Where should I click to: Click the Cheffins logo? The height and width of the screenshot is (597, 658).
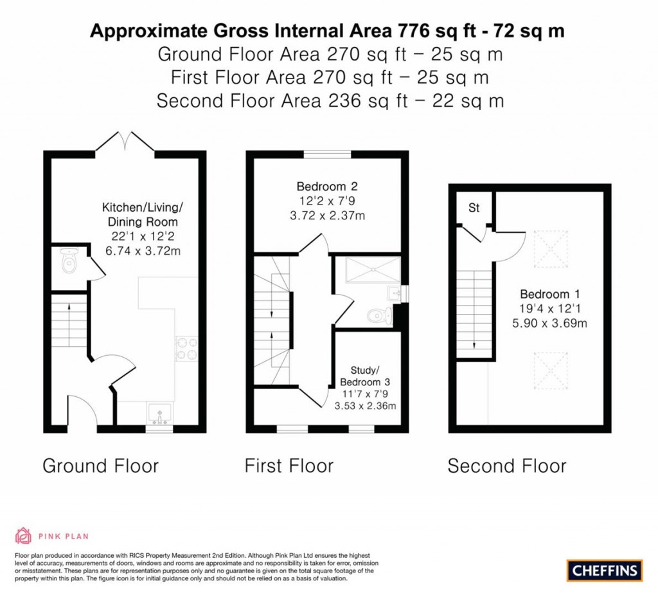(x=604, y=569)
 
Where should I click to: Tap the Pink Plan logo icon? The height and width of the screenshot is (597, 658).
(x=23, y=535)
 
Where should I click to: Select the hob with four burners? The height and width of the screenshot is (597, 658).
(x=186, y=348)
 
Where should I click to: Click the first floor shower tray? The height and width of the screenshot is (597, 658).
(x=372, y=270)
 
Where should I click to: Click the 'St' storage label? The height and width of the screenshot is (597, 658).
(x=474, y=208)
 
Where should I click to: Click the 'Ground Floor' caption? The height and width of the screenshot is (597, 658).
(x=100, y=466)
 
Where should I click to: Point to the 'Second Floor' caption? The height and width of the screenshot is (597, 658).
(x=507, y=466)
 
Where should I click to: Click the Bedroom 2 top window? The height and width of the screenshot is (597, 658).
(x=327, y=154)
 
